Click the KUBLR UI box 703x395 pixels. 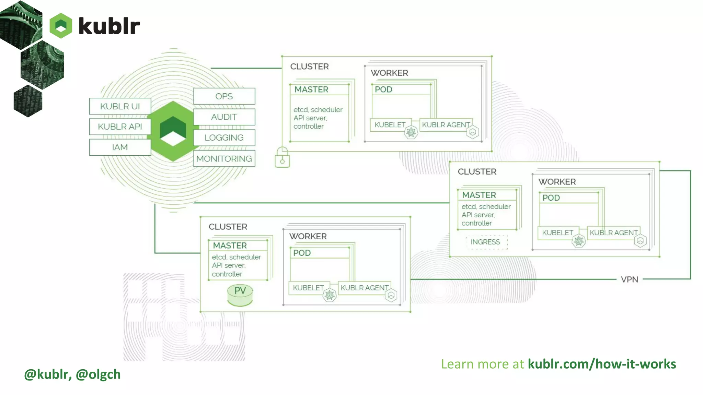point(120,106)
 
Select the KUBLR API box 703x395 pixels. point(120,127)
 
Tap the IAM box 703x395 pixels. point(120,147)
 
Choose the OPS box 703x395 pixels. point(224,96)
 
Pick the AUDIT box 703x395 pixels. point(224,117)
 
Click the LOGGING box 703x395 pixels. point(224,137)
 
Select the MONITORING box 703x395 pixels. point(224,159)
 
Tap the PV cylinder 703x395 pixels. point(240,295)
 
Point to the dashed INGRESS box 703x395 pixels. point(485,242)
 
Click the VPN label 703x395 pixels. point(630,279)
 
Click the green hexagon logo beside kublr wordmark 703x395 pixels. point(61,26)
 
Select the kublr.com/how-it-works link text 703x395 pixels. point(602,364)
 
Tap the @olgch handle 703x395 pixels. point(98,374)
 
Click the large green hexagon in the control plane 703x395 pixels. point(173,131)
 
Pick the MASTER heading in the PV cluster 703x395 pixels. point(230,246)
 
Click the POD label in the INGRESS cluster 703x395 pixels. point(551,198)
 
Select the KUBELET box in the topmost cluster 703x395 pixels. point(390,125)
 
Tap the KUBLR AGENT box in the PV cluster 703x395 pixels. point(365,288)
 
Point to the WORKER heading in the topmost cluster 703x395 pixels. point(389,73)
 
